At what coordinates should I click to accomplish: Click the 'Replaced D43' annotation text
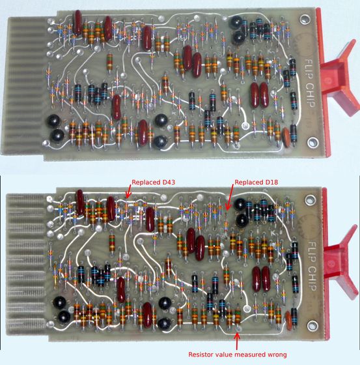153,182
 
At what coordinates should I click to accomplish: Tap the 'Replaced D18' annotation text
256,182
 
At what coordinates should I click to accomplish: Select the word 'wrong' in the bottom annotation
276,355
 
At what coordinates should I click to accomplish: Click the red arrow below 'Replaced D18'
229,197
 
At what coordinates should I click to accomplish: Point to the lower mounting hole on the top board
312,142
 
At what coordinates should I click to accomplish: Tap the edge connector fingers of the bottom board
27,264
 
